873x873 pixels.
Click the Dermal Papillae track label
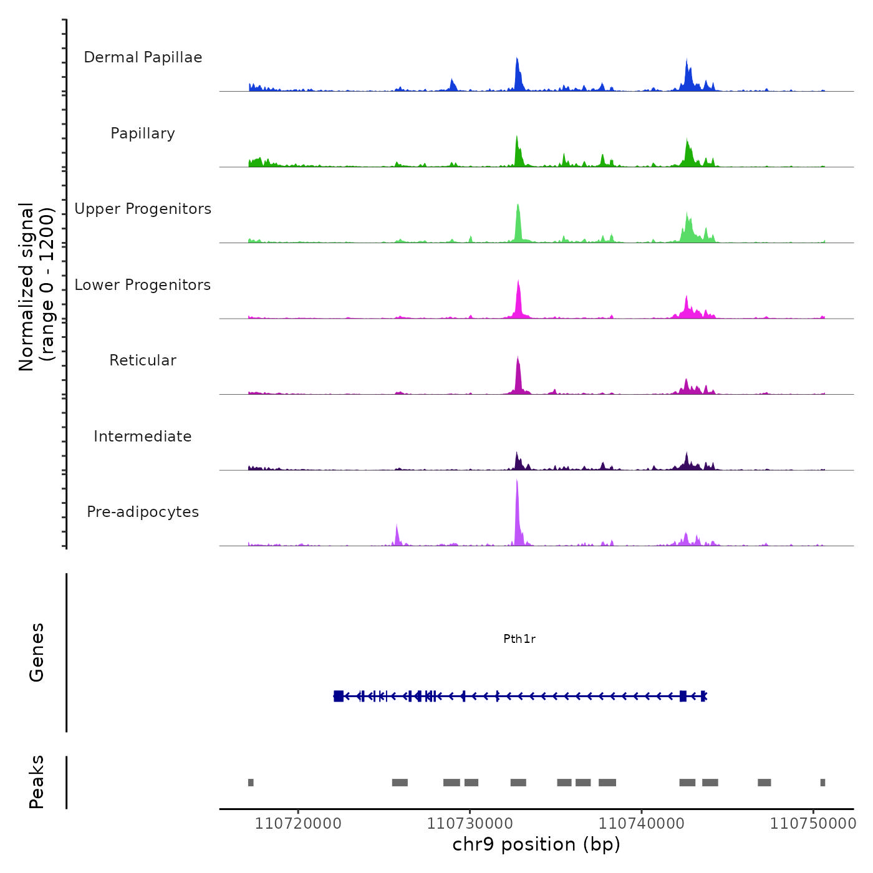tap(143, 57)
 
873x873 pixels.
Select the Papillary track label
tap(143, 133)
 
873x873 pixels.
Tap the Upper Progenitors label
tap(143, 209)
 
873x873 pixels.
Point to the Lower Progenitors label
tap(143, 285)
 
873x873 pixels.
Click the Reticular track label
tap(143, 360)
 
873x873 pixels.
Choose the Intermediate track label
tap(143, 436)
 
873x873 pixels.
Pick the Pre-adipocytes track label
tap(143, 512)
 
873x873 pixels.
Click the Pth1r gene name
tap(519, 639)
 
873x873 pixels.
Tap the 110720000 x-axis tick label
tap(298, 824)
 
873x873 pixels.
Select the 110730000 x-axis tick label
tap(470, 824)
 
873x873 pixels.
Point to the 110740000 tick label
tap(641, 824)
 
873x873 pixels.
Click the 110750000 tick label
tap(813, 824)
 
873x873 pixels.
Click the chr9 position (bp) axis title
tap(536, 845)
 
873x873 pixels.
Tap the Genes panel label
tap(37, 652)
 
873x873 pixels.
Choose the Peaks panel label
tap(37, 782)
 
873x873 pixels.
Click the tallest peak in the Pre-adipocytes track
tap(517, 483)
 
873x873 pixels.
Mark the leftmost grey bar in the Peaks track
tap(251, 783)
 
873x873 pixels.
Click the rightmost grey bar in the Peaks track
tap(822, 783)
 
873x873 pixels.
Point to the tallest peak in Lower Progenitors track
tap(518, 284)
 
